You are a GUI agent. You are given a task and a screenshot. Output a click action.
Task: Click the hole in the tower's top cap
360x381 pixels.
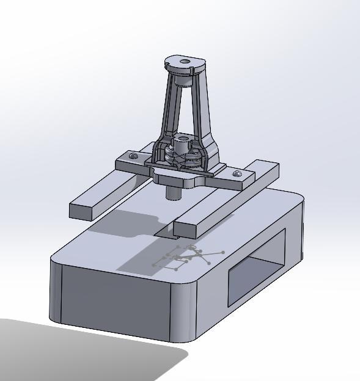click(185, 62)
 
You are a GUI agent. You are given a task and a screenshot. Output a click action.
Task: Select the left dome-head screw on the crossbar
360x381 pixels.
click(134, 156)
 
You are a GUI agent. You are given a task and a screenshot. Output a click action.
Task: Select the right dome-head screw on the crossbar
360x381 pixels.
click(237, 174)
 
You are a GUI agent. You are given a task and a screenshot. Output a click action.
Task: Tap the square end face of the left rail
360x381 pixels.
click(82, 211)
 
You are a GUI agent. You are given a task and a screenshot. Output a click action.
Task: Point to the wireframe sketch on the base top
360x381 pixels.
click(183, 258)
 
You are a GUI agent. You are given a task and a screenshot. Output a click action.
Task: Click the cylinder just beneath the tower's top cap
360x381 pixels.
click(183, 79)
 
